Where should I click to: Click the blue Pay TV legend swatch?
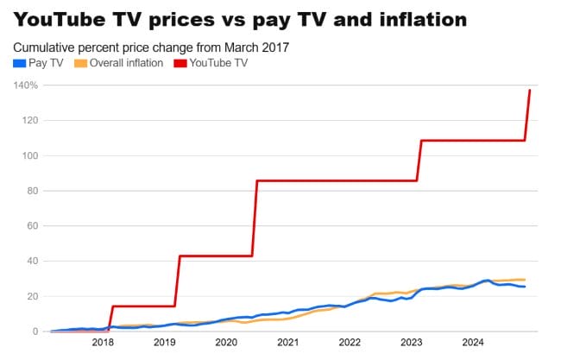[19, 62]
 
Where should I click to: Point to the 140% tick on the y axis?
[26, 85]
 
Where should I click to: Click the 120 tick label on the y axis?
[29, 121]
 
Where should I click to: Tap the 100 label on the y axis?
[29, 156]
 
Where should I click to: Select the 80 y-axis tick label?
[32, 191]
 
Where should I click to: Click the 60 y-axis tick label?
[32, 226]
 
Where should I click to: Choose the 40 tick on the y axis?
[32, 262]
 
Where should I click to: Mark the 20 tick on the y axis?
[32, 297]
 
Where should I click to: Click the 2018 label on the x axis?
[103, 343]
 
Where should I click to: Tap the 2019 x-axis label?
[165, 343]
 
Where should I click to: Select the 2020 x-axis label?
[226, 343]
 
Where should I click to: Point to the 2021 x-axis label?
[287, 343]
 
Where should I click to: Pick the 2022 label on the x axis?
[350, 343]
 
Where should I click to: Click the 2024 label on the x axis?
[473, 343]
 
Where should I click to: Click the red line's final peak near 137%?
[529, 91]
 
